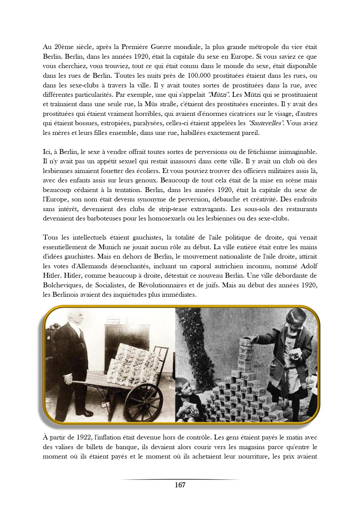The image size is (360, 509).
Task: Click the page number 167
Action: click(x=180, y=485)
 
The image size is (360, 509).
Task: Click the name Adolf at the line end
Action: click(x=307, y=266)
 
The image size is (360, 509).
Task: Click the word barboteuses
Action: click(x=102, y=218)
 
